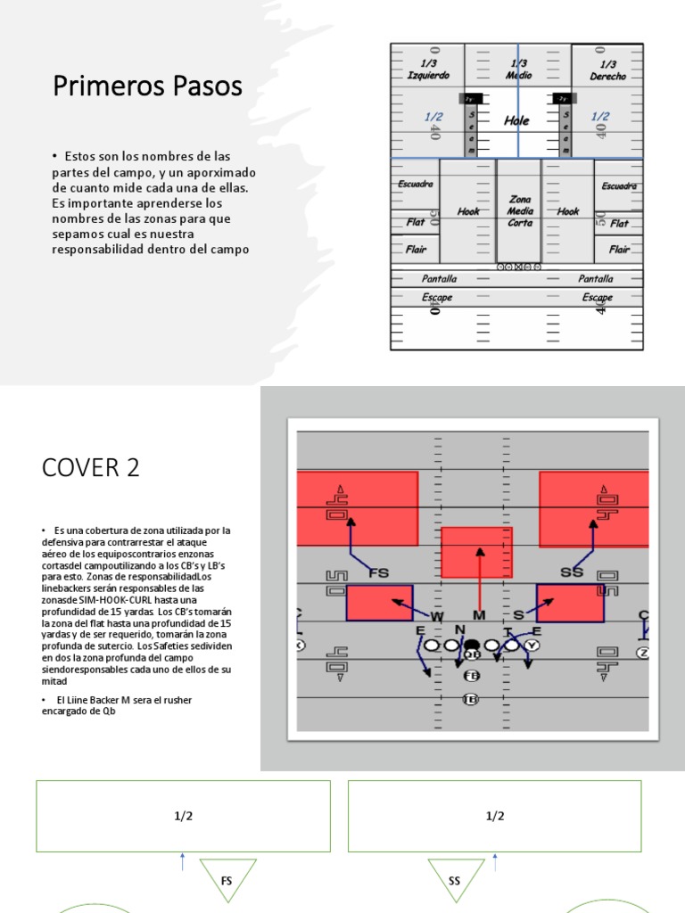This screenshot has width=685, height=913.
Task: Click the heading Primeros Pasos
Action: coord(147,86)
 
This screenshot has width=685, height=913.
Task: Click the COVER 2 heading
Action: coord(90,467)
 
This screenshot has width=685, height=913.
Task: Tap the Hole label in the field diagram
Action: coord(516,120)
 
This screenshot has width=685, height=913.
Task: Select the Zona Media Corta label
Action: coord(520,211)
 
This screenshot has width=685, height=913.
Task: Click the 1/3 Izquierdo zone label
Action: coord(428,70)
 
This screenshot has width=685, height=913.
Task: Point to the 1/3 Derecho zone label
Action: coord(607,70)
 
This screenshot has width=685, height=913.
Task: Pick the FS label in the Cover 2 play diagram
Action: coord(378,572)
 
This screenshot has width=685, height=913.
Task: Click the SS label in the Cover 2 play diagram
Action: coord(571,572)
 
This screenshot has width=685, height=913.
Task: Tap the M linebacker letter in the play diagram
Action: coord(479,616)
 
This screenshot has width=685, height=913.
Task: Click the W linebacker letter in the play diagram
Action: coord(437,616)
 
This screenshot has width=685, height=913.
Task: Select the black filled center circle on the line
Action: coord(472,645)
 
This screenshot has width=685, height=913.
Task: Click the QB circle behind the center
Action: coord(472,654)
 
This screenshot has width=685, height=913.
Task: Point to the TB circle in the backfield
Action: coord(470,699)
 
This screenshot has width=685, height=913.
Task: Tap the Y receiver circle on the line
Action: coord(532,645)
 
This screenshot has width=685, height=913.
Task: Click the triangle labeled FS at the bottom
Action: coord(227,878)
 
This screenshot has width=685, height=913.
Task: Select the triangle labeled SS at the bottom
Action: coord(455,878)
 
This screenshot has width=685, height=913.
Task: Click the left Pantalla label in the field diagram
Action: coord(439,279)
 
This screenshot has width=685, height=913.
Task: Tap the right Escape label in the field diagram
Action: coord(597,297)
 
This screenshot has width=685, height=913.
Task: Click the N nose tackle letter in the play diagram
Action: coord(460,629)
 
